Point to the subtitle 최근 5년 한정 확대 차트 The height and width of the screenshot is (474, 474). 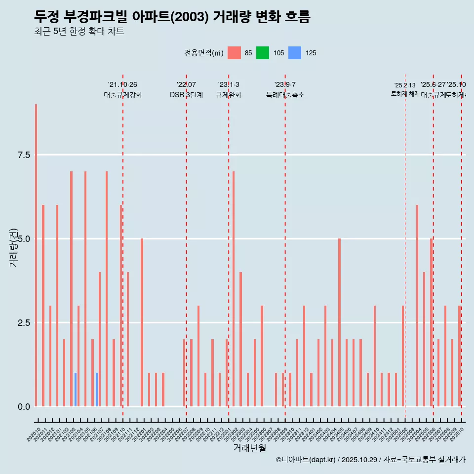[x=79, y=32]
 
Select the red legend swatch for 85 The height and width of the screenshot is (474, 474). [x=234, y=53]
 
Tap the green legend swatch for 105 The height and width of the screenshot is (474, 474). [x=263, y=53]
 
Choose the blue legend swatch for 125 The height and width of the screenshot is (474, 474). [x=294, y=53]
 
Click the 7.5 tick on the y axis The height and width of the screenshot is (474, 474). [x=24, y=155]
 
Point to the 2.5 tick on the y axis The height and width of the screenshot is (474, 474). [x=24, y=323]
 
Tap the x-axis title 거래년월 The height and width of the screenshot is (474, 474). [x=249, y=448]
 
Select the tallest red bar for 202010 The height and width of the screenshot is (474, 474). [x=36, y=255]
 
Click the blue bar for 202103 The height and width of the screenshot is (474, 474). [x=76, y=390]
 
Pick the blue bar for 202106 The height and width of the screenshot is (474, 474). [x=97, y=390]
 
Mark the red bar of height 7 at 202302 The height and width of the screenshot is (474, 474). [x=234, y=289]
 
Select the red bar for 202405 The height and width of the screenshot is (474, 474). [x=339, y=322]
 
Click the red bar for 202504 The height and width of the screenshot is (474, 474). [x=417, y=306]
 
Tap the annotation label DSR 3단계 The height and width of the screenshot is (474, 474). [x=186, y=95]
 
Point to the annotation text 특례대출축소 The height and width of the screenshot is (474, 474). [x=285, y=95]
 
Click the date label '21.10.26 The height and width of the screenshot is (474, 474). [x=122, y=84]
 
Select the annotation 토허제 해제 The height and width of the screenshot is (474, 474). [x=405, y=93]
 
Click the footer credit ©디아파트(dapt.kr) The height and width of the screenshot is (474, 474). [x=306, y=460]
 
